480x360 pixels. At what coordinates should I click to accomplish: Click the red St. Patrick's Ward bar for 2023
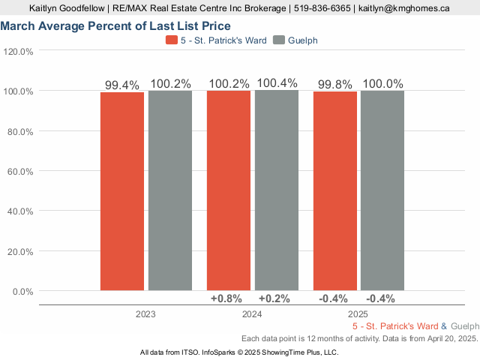(122, 191)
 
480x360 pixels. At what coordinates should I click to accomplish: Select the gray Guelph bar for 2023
(170, 190)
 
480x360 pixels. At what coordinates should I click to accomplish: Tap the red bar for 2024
(229, 190)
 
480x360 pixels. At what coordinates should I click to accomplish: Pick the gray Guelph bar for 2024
(277, 190)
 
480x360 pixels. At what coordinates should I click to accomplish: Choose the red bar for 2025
(335, 191)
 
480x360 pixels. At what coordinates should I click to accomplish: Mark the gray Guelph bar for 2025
(382, 190)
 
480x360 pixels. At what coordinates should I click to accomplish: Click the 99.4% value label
(122, 85)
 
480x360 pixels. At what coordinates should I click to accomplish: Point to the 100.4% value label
(277, 83)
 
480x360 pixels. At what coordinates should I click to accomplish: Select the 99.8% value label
(335, 84)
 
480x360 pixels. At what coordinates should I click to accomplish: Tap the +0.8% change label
(226, 298)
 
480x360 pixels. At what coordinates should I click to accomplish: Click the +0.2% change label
(274, 298)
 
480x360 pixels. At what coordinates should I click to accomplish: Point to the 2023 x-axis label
(145, 314)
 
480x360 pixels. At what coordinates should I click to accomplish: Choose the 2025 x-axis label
(358, 314)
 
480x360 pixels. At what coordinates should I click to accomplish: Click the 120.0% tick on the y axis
(18, 52)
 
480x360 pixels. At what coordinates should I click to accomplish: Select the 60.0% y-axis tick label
(20, 172)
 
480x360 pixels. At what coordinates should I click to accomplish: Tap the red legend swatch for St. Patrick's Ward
(172, 40)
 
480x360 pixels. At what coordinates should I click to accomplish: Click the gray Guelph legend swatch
(279, 40)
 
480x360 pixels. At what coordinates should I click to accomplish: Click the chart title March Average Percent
(115, 26)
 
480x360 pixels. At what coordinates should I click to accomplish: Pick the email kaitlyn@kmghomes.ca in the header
(404, 8)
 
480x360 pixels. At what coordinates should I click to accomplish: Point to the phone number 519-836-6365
(322, 8)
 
